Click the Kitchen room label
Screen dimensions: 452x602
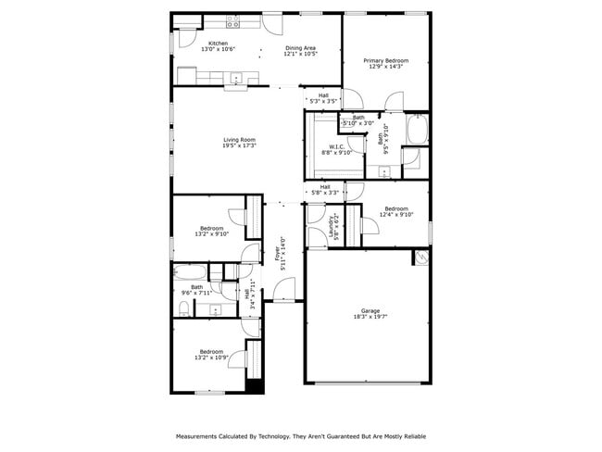218,44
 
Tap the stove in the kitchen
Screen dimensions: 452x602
232,22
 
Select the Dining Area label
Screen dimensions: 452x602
301,47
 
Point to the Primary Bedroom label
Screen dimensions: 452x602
387,60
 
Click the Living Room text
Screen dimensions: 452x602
238,140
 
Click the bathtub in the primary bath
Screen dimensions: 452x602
417,131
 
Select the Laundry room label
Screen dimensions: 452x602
331,228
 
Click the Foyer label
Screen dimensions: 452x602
275,251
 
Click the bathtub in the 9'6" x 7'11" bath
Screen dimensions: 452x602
190,271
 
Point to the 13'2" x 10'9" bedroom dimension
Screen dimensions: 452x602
211,358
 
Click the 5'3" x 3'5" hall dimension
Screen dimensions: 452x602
324,100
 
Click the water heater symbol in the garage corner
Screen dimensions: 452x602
421,256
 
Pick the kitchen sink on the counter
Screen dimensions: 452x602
236,79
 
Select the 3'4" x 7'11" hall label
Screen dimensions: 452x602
247,295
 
